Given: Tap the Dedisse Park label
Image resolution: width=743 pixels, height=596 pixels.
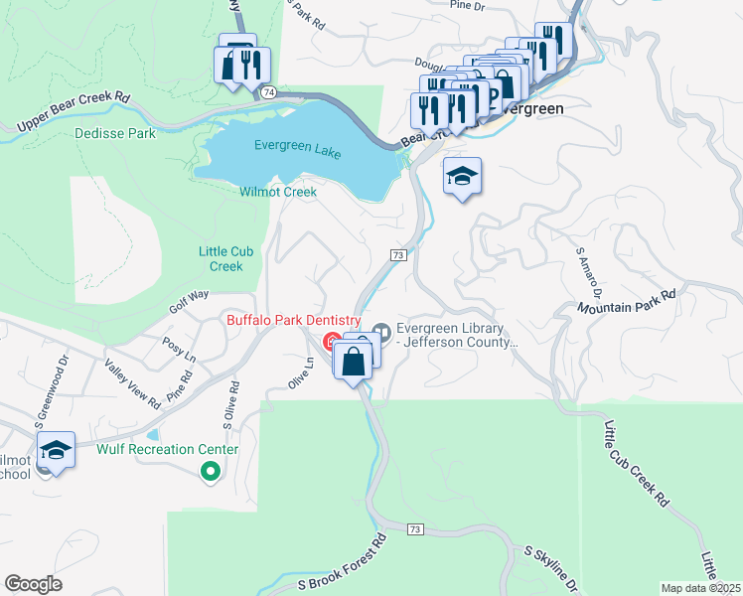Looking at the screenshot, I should point(113,132).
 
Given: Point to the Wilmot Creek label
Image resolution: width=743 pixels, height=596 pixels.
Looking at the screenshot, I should point(277,192).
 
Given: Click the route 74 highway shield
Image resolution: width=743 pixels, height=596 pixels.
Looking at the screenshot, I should point(269,91).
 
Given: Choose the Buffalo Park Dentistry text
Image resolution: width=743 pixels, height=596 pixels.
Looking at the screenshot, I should point(293,320).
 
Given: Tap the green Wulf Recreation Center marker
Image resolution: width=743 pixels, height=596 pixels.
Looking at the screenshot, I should point(210,472).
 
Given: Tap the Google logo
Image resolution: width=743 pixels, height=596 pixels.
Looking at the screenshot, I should point(34,583).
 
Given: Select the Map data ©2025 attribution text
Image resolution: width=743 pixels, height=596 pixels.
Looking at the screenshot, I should point(700,588).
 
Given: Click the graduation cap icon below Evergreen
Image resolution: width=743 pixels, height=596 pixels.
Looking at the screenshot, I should point(462,177).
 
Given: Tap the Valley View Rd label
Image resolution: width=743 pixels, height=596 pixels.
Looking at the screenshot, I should point(131,381).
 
